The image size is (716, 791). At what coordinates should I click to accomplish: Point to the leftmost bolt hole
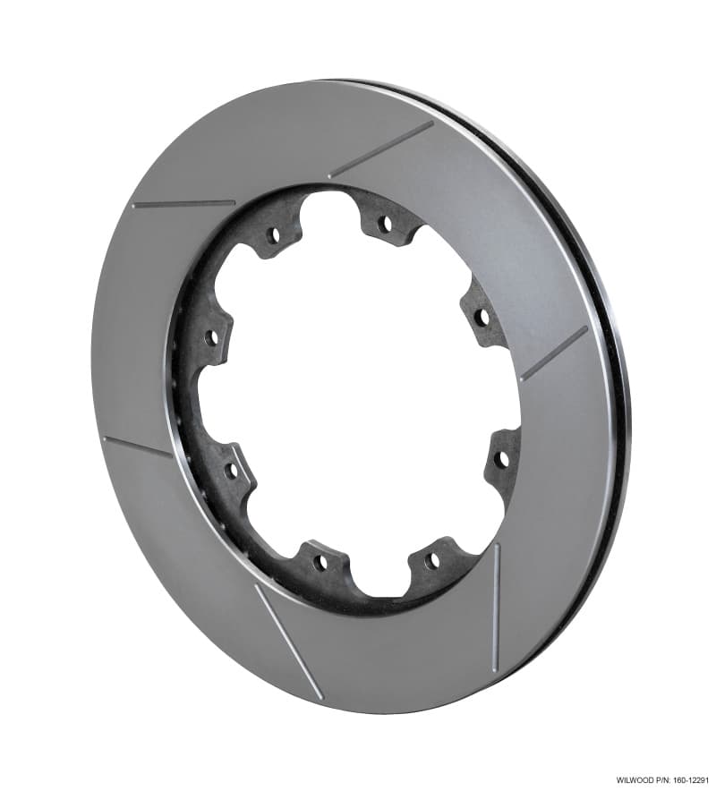(212, 338)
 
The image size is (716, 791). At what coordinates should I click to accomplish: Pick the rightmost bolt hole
(501, 459)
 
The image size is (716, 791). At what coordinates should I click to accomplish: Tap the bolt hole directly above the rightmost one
(482, 316)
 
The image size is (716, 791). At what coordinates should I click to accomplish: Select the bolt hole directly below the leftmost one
(231, 469)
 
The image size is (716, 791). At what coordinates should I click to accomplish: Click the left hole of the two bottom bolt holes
(320, 562)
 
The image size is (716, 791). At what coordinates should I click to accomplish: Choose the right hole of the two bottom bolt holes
(433, 561)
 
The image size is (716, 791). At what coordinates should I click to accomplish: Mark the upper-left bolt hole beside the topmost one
(273, 235)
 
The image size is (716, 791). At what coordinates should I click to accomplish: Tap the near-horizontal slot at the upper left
(183, 204)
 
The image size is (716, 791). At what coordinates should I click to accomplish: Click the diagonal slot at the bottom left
(287, 641)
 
